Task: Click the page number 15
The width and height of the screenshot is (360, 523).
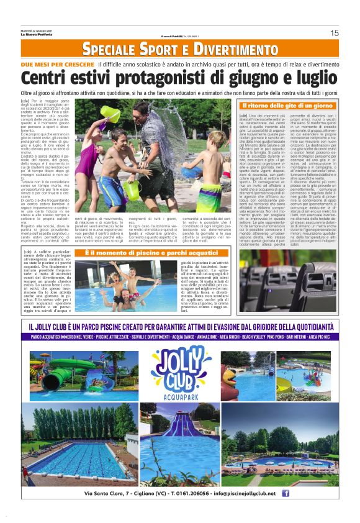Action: [334, 33]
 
